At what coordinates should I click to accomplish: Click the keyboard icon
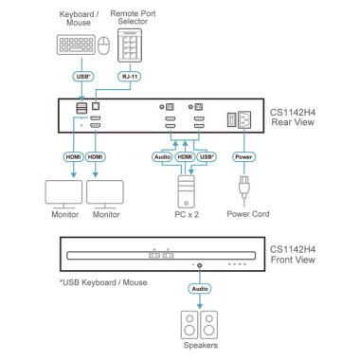coord(76,45)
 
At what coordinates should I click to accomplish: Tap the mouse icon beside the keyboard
coord(104,45)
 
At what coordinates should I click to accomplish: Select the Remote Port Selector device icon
coord(130,45)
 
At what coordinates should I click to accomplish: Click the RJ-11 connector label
coord(130,77)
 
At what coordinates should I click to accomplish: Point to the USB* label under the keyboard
coord(83,77)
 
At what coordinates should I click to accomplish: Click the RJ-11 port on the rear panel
coord(96,106)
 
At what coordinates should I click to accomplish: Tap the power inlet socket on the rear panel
coord(244,120)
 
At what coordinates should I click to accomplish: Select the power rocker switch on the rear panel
coord(231,120)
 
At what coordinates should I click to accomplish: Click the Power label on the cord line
coord(243,157)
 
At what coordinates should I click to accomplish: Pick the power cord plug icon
coord(243,187)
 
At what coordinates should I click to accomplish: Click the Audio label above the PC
coord(163,157)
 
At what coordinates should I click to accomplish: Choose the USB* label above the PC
coord(207,157)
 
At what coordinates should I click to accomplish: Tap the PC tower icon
coord(186,191)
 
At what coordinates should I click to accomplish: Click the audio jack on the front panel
coord(200,265)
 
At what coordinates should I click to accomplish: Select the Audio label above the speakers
coord(200,289)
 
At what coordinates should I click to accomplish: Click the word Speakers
coord(201,345)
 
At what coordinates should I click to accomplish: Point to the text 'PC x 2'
coord(187,214)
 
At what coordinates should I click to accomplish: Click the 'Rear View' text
coord(293,122)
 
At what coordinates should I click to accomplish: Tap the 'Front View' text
coord(293,260)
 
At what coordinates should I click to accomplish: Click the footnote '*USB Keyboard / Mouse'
coord(103,282)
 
